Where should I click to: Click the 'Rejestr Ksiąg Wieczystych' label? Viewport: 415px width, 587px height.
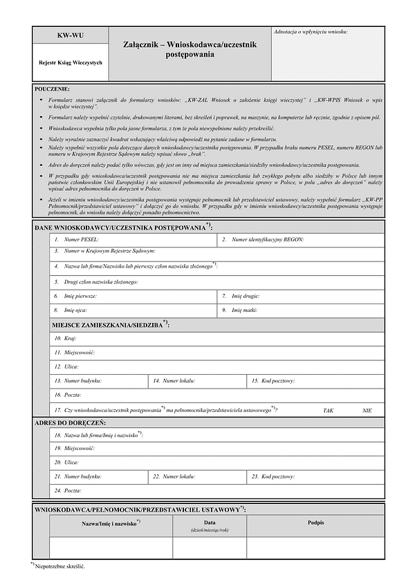71,63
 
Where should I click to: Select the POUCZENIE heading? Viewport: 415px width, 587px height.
52,90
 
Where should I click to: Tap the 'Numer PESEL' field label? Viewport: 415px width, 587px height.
81,240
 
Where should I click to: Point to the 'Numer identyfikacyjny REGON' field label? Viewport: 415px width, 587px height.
268,240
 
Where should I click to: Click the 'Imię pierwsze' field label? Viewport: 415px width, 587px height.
80,296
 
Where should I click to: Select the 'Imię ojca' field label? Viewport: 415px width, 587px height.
76,310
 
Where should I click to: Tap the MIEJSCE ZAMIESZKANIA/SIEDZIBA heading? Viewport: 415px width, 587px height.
111,324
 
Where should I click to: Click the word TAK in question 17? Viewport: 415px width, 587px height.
328,411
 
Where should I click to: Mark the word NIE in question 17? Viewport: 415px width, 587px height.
367,411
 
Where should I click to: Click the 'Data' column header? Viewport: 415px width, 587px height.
210,522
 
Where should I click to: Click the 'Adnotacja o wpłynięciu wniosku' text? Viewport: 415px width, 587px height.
311,32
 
